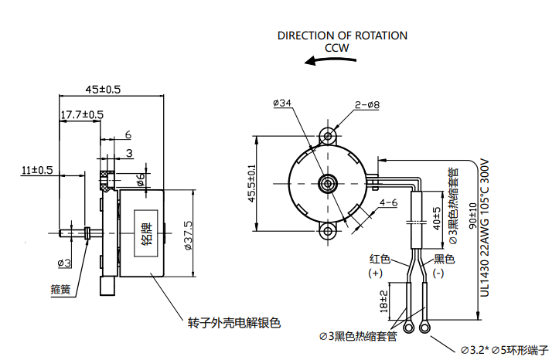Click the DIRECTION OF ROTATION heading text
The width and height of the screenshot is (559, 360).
(342, 36)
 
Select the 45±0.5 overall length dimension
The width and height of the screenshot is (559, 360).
(103, 90)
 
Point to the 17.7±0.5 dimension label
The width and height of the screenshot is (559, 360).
(82, 115)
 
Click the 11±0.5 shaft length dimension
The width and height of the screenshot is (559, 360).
(37, 170)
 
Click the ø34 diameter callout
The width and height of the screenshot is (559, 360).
(282, 103)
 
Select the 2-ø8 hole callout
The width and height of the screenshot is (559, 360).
(367, 104)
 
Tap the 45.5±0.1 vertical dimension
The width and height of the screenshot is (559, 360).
(251, 184)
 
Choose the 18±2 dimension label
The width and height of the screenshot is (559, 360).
(383, 300)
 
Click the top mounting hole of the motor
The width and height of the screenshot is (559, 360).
(329, 138)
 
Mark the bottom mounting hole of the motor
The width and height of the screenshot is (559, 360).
(329, 230)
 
